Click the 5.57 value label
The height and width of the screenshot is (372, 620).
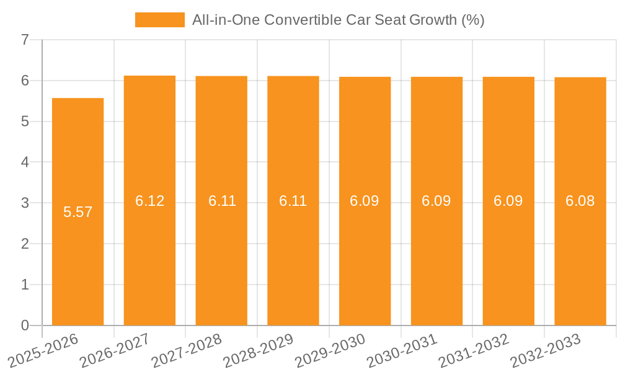[x=77, y=212]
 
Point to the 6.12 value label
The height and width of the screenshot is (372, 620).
[x=149, y=201]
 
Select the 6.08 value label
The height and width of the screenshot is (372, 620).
[x=580, y=201]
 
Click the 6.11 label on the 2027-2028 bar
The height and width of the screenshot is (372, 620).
[x=221, y=201]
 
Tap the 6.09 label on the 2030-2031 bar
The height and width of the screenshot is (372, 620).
[x=436, y=201]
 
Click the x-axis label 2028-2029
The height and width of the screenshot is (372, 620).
[x=259, y=350]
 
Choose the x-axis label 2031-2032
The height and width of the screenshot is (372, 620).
[x=474, y=350]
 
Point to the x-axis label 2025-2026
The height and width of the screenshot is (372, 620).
[x=43, y=350]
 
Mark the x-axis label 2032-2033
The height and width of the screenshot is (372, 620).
[x=546, y=350]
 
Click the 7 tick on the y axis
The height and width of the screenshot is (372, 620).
[x=25, y=40]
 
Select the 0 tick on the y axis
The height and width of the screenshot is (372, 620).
[x=25, y=325]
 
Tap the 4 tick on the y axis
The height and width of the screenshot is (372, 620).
[x=25, y=162]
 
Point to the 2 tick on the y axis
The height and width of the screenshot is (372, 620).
[x=25, y=244]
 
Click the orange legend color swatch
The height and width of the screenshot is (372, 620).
[x=160, y=20]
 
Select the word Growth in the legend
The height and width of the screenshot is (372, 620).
[x=433, y=20]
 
